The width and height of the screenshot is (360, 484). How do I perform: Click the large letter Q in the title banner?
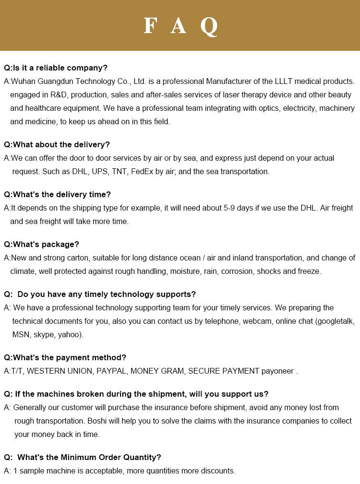click(x=209, y=26)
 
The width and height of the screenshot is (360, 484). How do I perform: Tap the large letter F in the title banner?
click(x=150, y=26)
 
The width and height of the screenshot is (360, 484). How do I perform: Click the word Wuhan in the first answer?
click(x=22, y=82)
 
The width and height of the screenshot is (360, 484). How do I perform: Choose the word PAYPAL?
click(x=111, y=371)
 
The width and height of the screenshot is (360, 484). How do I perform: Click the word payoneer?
click(x=277, y=371)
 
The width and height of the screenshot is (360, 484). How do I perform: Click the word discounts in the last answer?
click(x=217, y=471)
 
